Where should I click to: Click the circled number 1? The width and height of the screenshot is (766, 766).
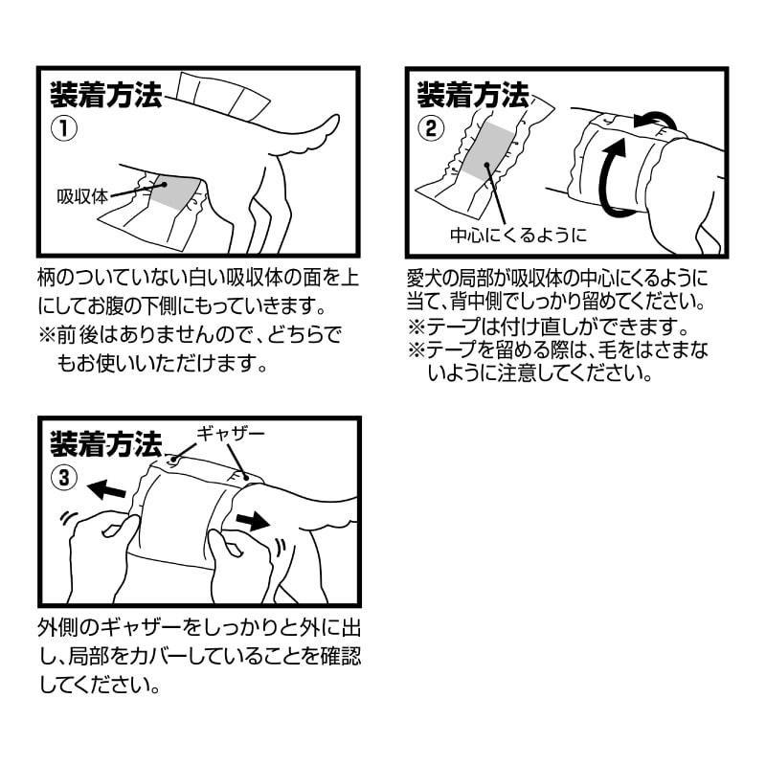(64, 128)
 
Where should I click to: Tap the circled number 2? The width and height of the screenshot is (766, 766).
(431, 128)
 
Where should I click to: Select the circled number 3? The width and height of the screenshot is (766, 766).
(64, 478)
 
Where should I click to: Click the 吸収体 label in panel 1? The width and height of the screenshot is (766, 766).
(81, 196)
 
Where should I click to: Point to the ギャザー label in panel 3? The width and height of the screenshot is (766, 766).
(231, 434)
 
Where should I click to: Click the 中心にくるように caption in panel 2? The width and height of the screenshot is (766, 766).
(518, 236)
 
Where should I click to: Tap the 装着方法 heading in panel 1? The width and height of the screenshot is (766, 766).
(105, 95)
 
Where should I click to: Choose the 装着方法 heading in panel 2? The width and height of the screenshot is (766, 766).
(472, 95)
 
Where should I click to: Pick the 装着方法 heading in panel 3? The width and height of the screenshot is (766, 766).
(105, 444)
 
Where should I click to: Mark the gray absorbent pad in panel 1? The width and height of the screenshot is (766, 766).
(174, 192)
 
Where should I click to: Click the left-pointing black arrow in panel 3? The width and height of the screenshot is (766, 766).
(106, 489)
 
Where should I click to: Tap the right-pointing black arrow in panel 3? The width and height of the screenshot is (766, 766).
(252, 521)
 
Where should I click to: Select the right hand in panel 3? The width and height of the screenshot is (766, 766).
(239, 562)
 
